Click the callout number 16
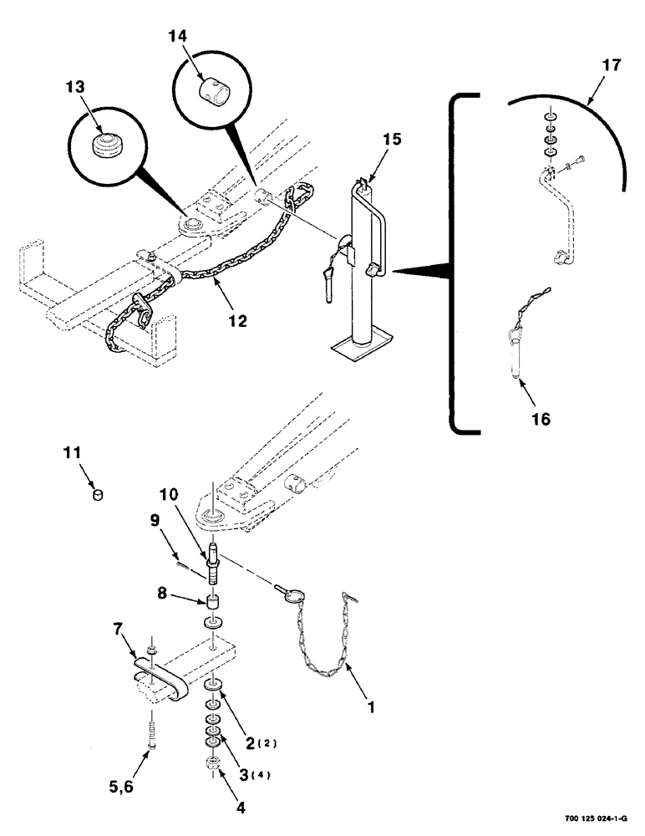[x=541, y=419]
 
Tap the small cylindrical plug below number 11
[x=99, y=495]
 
